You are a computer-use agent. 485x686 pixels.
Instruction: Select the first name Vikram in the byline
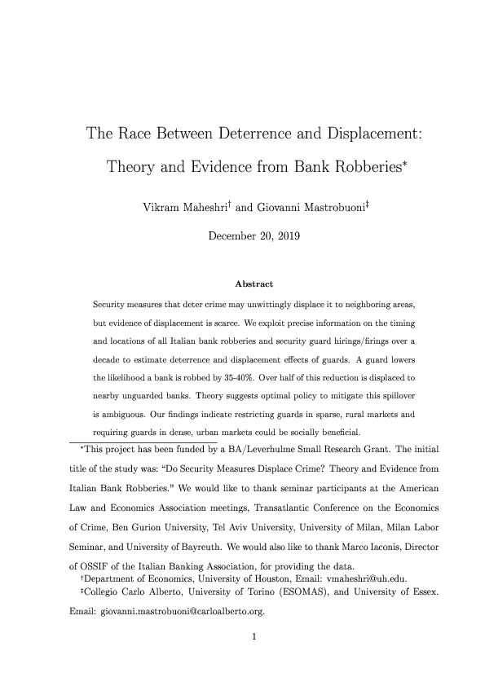[163, 200]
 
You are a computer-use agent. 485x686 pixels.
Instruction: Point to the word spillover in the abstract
[396, 397]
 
